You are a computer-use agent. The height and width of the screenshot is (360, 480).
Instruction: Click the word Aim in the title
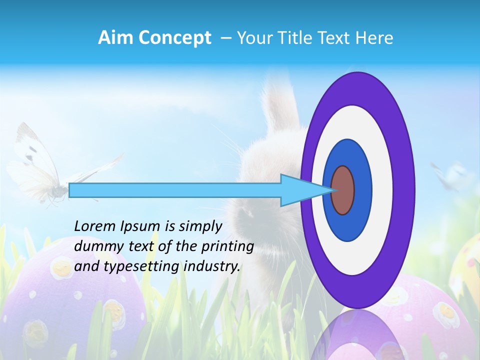click(115, 37)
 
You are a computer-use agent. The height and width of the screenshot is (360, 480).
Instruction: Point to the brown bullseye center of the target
click(343, 190)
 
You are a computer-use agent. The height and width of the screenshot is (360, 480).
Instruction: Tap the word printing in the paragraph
click(228, 246)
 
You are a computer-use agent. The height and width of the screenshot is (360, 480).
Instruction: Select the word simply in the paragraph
click(201, 226)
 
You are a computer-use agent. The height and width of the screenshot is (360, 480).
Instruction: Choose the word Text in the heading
click(336, 37)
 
